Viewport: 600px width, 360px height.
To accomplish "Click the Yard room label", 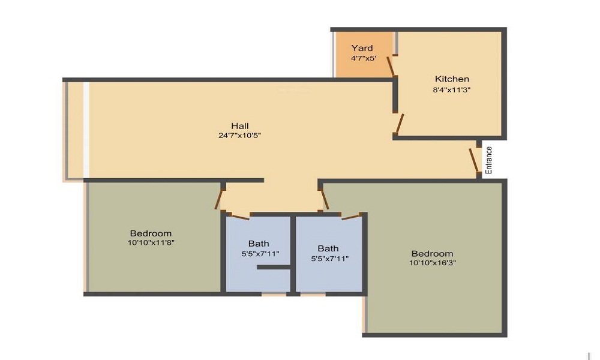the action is click(362, 48).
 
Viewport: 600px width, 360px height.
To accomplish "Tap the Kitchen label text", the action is click(452, 79).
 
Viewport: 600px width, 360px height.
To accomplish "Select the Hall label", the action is click(240, 126).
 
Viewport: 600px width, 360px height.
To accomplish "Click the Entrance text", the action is click(488, 160).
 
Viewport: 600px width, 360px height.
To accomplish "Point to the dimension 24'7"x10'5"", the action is click(240, 136).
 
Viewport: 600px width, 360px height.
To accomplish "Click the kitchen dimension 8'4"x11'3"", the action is click(452, 90).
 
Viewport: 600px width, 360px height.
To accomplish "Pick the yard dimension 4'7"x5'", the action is click(363, 59).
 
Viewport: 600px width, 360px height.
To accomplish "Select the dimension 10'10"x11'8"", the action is click(151, 242).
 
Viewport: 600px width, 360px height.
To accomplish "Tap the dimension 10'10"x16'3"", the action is click(433, 263).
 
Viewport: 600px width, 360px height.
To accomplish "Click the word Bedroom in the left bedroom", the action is click(151, 233).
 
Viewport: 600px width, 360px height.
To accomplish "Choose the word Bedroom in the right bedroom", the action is click(433, 254).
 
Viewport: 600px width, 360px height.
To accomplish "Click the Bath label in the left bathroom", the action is click(259, 244).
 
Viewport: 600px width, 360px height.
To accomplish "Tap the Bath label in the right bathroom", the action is click(328, 248).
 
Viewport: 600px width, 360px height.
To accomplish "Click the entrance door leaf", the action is click(474, 160).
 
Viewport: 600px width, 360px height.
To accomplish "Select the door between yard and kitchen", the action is click(391, 67).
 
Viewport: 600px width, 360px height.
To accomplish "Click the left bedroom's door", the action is click(219, 199).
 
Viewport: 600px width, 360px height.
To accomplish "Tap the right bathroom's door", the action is click(351, 217).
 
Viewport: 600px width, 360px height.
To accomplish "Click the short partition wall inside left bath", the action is click(273, 267).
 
